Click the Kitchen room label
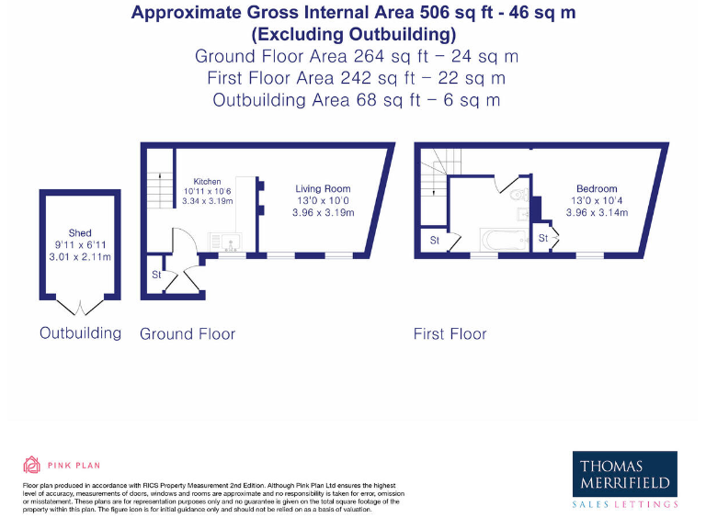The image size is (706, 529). coord(207,182)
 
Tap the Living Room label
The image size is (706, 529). coord(323,189)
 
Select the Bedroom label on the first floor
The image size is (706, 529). coord(597,189)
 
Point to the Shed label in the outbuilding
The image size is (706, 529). coord(80,233)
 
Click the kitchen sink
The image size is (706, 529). coord(225,242)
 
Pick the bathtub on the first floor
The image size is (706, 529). coord(504,241)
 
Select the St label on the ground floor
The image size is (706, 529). coord(156,275)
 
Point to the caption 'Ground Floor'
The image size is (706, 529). coord(188,334)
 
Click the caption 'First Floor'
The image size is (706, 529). coord(450,334)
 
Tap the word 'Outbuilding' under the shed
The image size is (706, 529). coord(80,332)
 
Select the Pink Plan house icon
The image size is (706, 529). coord(32,465)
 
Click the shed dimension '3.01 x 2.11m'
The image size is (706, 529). coord(80,257)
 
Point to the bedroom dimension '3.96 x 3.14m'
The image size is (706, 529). coord(597,213)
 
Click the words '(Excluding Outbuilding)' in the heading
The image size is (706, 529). coord(354,35)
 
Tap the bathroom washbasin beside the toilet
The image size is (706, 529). coord(523,214)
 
